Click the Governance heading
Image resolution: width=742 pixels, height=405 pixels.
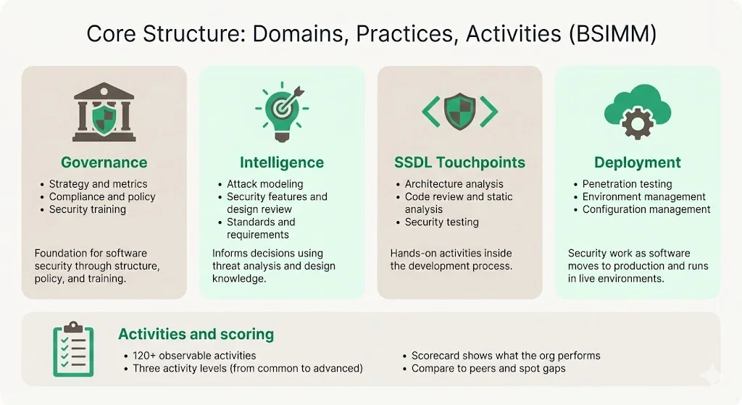[104, 162]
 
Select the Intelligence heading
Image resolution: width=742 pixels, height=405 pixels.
[281, 162]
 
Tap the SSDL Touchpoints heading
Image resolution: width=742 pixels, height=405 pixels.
[459, 162]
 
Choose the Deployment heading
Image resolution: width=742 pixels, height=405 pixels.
[638, 162]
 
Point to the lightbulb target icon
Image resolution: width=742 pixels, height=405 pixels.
[281, 112]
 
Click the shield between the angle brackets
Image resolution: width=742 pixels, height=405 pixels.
[459, 111]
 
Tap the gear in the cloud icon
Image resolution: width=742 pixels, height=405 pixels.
[638, 124]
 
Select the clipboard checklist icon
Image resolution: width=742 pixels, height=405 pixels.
[73, 349]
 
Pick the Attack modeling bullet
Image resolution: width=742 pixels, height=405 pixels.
[264, 184]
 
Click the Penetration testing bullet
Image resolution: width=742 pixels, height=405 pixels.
[627, 184]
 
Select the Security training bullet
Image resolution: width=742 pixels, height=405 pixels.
[87, 209]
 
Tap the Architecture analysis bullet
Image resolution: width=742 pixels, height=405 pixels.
[454, 184]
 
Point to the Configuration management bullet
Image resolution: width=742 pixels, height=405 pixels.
[646, 209]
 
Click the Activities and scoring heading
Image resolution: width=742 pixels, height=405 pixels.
[196, 334]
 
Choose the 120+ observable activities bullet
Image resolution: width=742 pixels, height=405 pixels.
[194, 356]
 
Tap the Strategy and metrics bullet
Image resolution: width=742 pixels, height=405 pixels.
[98, 184]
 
